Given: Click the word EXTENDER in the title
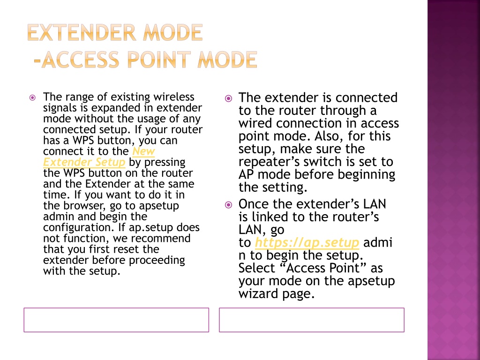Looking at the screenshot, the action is [82, 32].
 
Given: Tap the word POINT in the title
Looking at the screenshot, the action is [158, 60].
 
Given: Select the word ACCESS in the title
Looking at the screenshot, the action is [80, 60].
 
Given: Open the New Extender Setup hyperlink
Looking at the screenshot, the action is [99, 157].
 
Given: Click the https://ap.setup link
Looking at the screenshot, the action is [307, 242].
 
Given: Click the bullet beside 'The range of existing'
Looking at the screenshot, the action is [32, 98].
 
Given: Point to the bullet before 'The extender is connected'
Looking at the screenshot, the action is [228, 98].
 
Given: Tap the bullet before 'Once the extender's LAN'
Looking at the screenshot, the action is [228, 205].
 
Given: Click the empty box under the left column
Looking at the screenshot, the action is [116, 308].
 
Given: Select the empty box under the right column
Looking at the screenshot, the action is [312, 308].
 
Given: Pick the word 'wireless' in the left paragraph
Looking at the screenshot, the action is [174, 97].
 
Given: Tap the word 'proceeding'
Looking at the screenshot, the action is [157, 261].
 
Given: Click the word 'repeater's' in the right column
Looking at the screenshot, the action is [267, 162].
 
